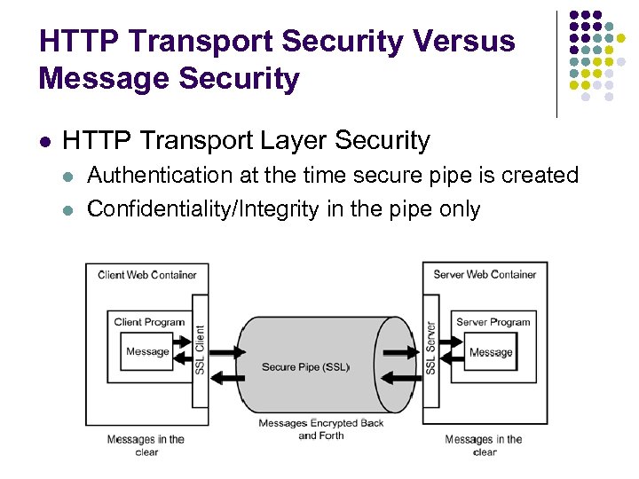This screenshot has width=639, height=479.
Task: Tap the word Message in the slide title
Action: pos(97,79)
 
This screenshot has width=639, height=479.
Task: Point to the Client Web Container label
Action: pos(147,275)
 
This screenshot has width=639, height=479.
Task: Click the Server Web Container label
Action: pos(485,275)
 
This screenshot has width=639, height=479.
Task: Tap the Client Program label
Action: pos(149,322)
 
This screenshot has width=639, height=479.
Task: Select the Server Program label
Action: pos(493,322)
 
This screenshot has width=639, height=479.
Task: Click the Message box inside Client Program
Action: pos(147,351)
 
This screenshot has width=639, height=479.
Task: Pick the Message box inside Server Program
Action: pos(491,351)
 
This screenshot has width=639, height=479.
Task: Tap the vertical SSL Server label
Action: pos(430,348)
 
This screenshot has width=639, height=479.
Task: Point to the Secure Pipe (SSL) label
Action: pos(305,367)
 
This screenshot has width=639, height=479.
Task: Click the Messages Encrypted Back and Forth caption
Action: pos(321,429)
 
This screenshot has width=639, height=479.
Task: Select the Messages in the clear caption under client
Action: pos(146,445)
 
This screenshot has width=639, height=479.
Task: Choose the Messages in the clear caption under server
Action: pos(484,445)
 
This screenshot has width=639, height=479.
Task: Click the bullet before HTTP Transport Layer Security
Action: pos(43,141)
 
